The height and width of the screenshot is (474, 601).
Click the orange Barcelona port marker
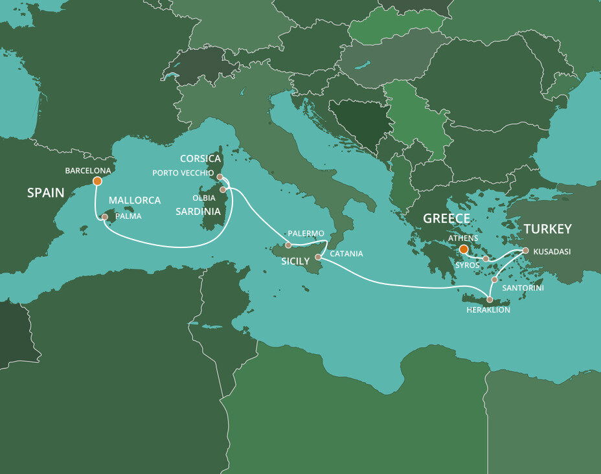97,181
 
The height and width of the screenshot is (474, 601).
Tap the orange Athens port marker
463,249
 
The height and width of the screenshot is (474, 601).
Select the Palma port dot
105,218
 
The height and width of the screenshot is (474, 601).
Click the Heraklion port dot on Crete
490,300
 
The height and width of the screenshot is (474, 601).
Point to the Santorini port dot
494,280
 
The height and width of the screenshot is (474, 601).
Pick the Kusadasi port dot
525,251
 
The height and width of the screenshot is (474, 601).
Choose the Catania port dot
318,257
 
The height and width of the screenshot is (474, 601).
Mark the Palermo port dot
288,245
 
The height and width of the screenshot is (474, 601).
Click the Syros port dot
486,258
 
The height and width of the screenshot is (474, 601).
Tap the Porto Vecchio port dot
220,176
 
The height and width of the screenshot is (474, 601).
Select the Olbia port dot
223,190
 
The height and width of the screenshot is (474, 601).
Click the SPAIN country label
45,192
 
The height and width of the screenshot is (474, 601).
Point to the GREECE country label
446,218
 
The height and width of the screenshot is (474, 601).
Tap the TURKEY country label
548,229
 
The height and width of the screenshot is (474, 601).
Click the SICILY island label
295,261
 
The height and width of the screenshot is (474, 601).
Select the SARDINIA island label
198,211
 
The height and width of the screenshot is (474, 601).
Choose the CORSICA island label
201,159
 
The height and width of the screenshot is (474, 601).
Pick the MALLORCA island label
134,200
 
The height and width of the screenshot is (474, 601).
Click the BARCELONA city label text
88,171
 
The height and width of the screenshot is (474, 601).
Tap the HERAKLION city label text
488,310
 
